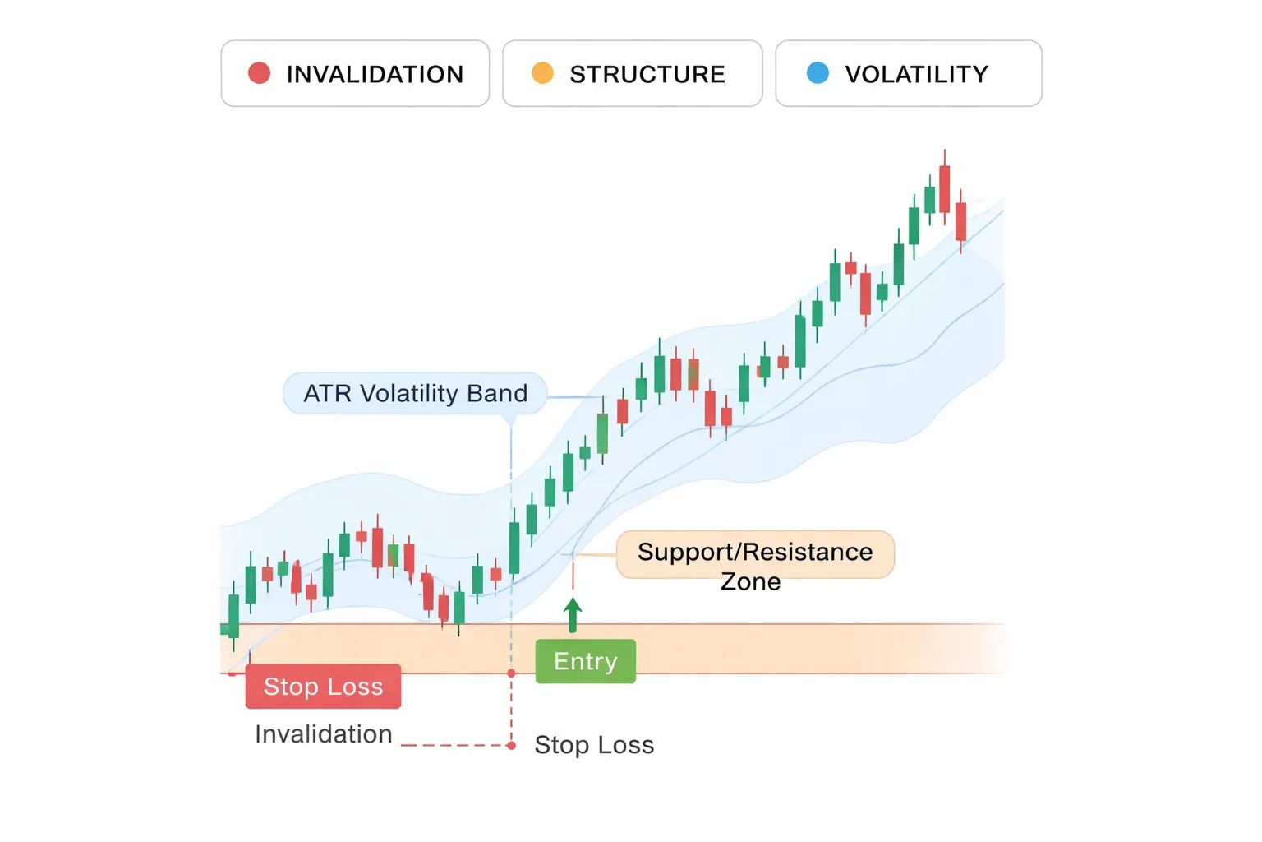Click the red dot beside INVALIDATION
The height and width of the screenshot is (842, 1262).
[260, 73]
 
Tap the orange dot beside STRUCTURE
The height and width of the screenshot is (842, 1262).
[542, 73]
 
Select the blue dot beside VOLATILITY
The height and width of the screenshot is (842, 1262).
[818, 73]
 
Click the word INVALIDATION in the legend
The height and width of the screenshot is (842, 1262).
[375, 74]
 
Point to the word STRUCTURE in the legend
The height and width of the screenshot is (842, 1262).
[647, 74]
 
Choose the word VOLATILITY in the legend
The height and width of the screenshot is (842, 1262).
[916, 74]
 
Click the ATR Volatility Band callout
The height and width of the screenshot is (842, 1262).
[415, 394]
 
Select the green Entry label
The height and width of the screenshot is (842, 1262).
[585, 661]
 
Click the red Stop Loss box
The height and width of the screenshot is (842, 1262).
[323, 687]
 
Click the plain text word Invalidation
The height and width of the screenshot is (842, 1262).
[323, 733]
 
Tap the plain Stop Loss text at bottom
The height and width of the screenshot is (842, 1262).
[594, 745]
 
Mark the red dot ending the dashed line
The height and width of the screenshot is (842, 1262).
[511, 746]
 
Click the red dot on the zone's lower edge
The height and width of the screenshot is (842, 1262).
[511, 673]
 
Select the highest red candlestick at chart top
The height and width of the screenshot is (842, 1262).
[944, 189]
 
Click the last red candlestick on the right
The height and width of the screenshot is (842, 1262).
[960, 221]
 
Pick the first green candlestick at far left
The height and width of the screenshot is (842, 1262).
[233, 615]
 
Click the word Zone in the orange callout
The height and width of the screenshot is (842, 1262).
[750, 581]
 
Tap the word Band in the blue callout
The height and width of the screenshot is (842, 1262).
[497, 394]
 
